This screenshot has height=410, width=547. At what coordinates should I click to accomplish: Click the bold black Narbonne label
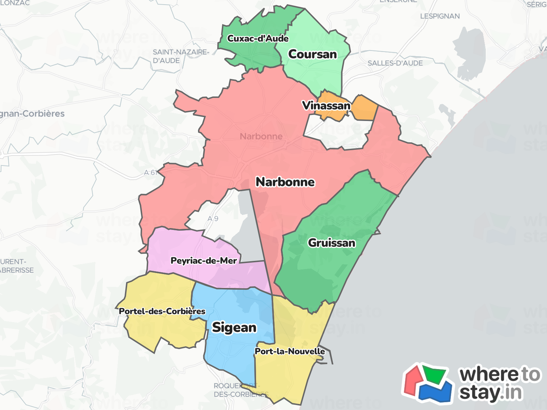pyautogui.click(x=285, y=182)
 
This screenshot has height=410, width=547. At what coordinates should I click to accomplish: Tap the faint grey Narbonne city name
pyautogui.click(x=261, y=136)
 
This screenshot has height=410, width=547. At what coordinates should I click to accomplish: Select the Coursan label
pyautogui.click(x=312, y=54)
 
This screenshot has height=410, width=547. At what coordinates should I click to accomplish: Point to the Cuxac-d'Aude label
pyautogui.click(x=258, y=38)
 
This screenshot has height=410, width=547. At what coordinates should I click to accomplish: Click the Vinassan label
pyautogui.click(x=326, y=105)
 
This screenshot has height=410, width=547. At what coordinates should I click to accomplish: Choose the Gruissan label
pyautogui.click(x=332, y=243)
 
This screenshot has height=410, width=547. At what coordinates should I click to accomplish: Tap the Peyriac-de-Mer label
pyautogui.click(x=204, y=261)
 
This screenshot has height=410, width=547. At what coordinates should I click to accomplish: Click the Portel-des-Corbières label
pyautogui.click(x=162, y=311)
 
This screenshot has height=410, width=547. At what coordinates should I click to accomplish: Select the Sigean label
pyautogui.click(x=234, y=327)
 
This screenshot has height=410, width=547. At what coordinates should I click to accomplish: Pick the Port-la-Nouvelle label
pyautogui.click(x=290, y=351)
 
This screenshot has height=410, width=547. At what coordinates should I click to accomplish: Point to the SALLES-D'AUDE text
pyautogui.click(x=395, y=63)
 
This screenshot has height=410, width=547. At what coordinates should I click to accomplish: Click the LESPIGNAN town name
pyautogui.click(x=440, y=16)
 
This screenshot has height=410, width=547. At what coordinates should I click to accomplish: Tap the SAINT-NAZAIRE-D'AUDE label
pyautogui.click(x=181, y=56)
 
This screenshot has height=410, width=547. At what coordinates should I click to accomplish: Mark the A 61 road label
pyautogui.click(x=150, y=173)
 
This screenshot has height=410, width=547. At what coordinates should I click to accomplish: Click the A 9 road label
pyautogui.click(x=213, y=219)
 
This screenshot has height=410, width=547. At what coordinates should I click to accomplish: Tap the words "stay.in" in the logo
pyautogui.click(x=491, y=393)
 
